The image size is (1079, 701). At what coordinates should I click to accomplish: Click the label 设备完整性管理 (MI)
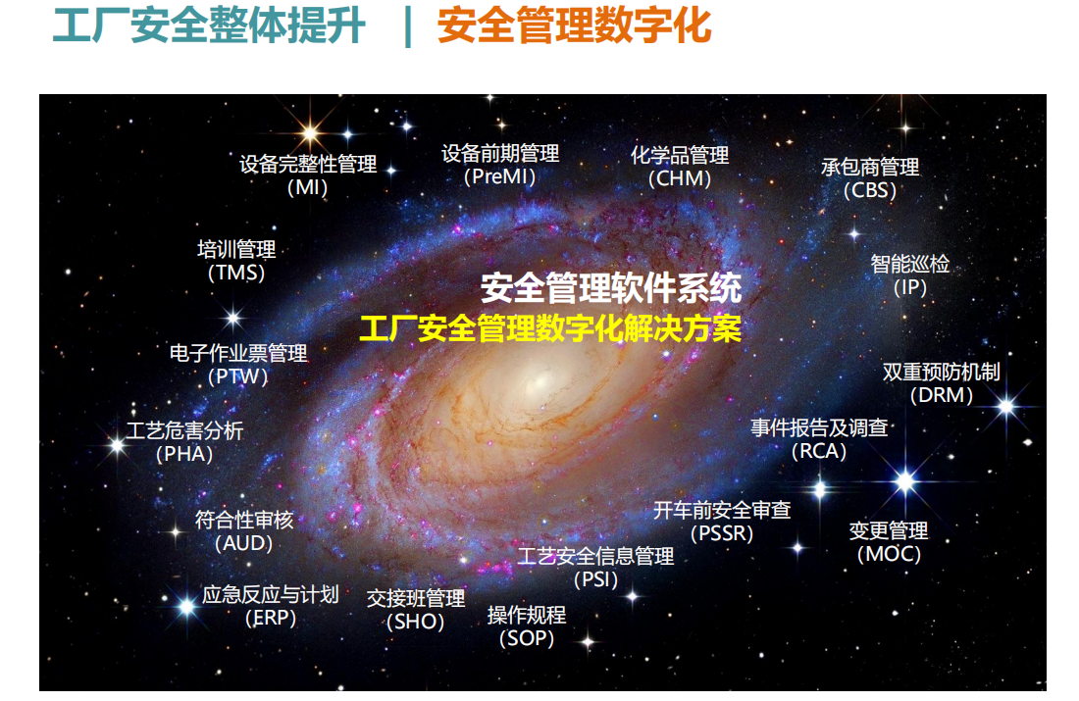pyautogui.click(x=308, y=175)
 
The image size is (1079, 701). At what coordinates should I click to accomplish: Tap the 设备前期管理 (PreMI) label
pyautogui.click(x=500, y=165)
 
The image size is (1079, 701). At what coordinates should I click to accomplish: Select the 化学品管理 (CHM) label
pyautogui.click(x=680, y=167)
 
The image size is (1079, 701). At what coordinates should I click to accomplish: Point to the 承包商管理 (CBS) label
pyautogui.click(x=870, y=178)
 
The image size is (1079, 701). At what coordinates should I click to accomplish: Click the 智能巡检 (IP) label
pyautogui.click(x=909, y=275)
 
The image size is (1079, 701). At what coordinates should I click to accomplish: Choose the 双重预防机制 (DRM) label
pyautogui.click(x=942, y=383)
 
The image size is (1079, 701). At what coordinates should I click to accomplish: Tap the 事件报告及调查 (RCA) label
pyautogui.click(x=819, y=439)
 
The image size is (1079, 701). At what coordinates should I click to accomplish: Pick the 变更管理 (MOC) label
pyautogui.click(x=889, y=542)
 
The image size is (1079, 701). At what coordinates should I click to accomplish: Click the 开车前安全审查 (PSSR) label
pyautogui.click(x=722, y=522)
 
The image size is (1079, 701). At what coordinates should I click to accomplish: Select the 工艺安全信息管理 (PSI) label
pyautogui.click(x=596, y=568)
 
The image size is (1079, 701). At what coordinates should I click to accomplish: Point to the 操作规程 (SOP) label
pyautogui.click(x=527, y=626)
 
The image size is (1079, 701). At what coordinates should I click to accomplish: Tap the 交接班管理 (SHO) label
pyautogui.click(x=416, y=610)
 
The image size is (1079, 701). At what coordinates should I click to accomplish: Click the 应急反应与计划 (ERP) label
pyautogui.click(x=271, y=606)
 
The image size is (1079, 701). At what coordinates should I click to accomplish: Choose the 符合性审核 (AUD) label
pyautogui.click(x=244, y=531)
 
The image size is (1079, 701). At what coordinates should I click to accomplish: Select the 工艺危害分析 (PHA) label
pyautogui.click(x=184, y=442)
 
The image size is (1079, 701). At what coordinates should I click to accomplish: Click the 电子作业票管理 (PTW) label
pyautogui.click(x=238, y=365)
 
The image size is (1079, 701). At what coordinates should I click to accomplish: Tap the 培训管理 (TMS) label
pyautogui.click(x=236, y=261)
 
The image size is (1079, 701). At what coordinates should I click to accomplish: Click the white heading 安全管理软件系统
pyautogui.click(x=611, y=288)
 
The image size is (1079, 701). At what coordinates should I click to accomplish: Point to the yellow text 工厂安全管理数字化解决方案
pyautogui.click(x=550, y=328)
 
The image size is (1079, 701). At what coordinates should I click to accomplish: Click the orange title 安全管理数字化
pyautogui.click(x=574, y=25)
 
